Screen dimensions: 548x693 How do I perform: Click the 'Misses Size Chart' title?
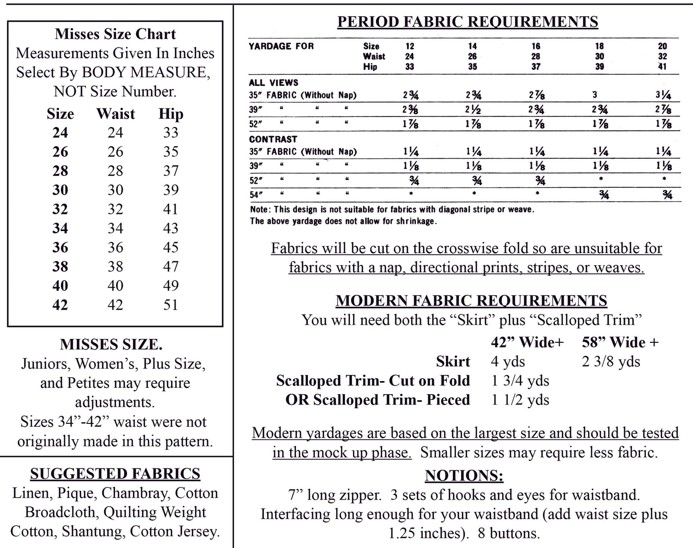coord(115,34)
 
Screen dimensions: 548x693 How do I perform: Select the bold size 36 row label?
coord(60,247)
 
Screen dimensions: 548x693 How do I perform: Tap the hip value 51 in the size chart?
coord(171,305)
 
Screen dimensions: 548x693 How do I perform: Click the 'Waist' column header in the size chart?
coord(116,114)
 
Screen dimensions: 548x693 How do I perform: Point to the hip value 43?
coord(171,228)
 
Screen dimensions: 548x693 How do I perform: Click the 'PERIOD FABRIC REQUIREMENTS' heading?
coord(468,22)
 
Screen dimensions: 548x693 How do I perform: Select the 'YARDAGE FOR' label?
coord(281,46)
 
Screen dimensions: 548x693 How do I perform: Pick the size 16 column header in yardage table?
coord(536,46)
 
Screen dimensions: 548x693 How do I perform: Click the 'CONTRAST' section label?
coord(273,139)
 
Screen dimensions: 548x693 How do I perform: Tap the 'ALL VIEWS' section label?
coord(273,82)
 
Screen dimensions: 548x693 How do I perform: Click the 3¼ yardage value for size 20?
coord(663,95)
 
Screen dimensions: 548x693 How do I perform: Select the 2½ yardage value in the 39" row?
coord(473,109)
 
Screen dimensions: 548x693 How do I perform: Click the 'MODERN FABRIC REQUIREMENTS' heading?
coord(471,301)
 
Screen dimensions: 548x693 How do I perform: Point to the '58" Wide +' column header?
coord(620,342)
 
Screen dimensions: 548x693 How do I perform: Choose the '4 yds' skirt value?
coord(508,361)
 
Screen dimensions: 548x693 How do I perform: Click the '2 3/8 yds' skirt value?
coord(611,361)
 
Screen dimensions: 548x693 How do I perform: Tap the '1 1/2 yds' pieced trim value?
coord(520,400)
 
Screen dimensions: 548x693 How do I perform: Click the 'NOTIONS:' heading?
coord(464,476)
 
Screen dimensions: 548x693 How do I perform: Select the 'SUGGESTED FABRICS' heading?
coord(115,474)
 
